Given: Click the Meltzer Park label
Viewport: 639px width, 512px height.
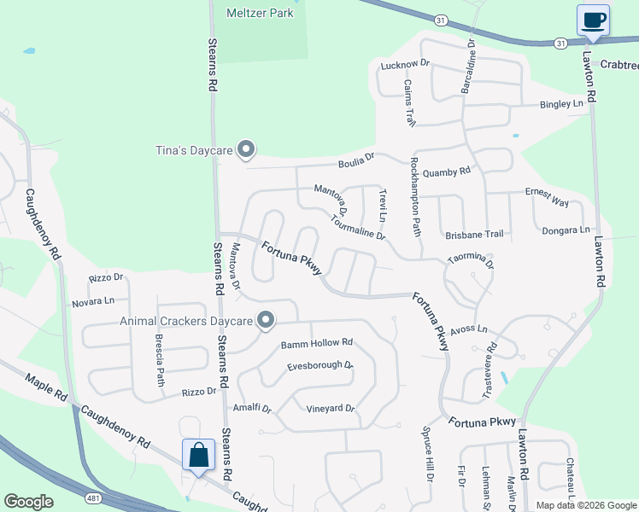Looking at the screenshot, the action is point(259,13).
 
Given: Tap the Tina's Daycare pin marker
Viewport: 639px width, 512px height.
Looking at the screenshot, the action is point(246,150).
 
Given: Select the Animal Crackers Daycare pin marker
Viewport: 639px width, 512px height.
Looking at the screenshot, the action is point(266,321).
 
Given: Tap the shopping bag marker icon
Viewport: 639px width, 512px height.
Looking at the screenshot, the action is point(198,456).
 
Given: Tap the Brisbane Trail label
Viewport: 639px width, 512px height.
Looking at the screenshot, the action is point(474,234).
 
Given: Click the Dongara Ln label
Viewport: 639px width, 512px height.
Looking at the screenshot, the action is point(566,230).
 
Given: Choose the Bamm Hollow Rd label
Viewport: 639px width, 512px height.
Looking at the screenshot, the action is point(316,343).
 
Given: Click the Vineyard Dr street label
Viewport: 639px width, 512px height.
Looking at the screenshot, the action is point(330,409).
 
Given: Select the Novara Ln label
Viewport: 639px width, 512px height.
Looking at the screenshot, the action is point(93,301).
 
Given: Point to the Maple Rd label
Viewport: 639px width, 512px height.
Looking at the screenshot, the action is point(46,387).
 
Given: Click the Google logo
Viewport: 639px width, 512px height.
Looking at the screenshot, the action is point(28,502).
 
